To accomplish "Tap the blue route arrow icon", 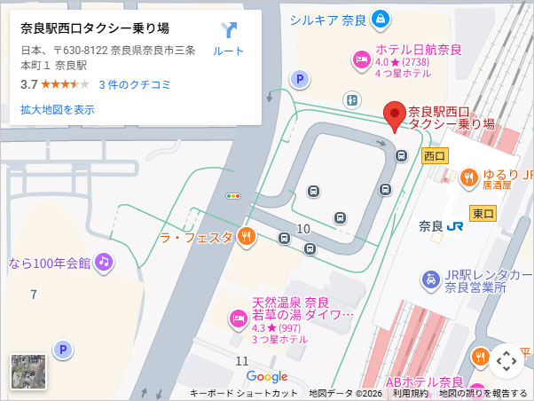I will (229, 30).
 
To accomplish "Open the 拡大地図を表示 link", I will (57, 110).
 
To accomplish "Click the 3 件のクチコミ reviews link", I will (135, 84).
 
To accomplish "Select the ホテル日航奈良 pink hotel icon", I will (361, 60).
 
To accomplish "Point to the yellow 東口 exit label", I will (483, 213).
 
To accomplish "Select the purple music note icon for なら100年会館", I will (104, 262).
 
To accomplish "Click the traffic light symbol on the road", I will (233, 195).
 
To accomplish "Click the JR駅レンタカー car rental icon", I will (430, 280).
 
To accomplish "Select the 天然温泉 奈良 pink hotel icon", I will (238, 318).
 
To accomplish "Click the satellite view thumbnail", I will (28, 372).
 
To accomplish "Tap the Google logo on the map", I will (267, 376).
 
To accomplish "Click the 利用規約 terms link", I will (411, 393).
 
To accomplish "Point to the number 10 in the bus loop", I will (303, 229).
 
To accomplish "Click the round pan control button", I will (507, 360).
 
